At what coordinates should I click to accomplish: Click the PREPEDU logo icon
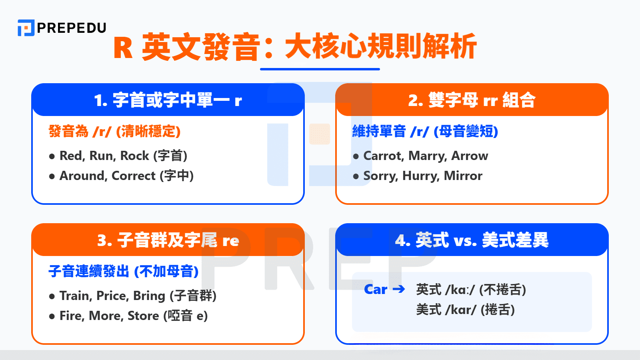[x=26, y=28]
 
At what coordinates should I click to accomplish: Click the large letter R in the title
[x=123, y=48]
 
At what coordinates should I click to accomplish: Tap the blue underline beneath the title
[x=320, y=69]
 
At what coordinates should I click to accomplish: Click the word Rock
[x=134, y=156]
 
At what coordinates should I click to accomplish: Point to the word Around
[x=82, y=176]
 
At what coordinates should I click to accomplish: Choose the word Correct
[x=133, y=176]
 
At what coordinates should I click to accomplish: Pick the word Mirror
[x=463, y=176]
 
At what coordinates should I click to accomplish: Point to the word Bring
[x=149, y=296]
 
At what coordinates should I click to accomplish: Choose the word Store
[x=143, y=316]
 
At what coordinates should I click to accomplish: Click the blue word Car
[x=376, y=289]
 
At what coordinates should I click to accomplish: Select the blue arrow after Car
[x=399, y=289]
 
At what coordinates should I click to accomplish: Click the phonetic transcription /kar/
[x=460, y=310]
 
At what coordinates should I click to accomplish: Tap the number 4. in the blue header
[x=402, y=240]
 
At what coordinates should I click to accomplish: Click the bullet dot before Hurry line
[x=356, y=176]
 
